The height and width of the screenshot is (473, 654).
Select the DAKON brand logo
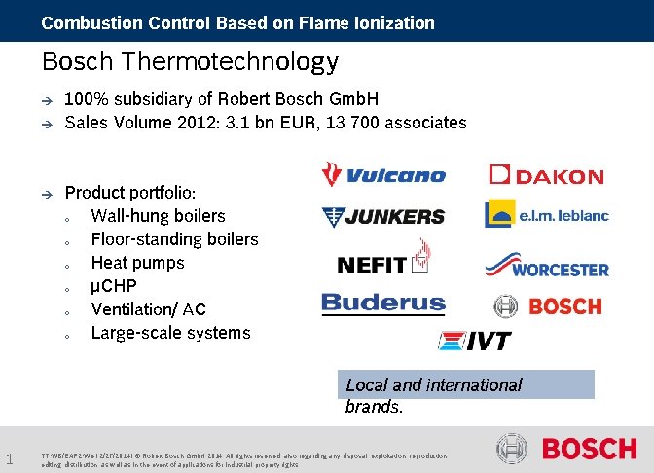546,176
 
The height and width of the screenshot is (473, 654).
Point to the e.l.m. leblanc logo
546,214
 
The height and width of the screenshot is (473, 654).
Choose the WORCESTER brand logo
546,265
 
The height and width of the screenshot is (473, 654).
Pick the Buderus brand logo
382,304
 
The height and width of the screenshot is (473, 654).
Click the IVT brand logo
474,341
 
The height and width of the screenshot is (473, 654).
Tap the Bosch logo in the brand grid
548,307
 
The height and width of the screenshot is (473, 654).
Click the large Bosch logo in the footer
566,449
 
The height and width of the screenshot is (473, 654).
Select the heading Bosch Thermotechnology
190,62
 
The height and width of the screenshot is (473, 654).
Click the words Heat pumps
137,263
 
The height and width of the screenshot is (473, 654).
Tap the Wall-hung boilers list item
158,216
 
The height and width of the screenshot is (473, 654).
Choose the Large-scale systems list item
170,333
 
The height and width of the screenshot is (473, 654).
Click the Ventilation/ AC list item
148,309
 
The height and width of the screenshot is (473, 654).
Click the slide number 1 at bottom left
8,458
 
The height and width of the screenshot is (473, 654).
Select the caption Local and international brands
434,395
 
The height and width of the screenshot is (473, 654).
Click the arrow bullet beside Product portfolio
45,194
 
